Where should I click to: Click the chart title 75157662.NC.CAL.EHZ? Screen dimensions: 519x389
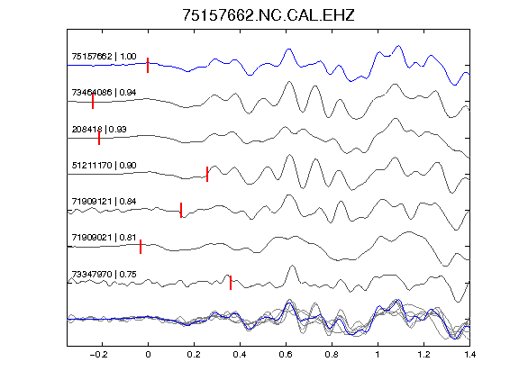[269, 15]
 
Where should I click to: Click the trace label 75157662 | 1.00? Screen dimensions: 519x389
[104, 57]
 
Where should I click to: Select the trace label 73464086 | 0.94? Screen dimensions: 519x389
[104, 92]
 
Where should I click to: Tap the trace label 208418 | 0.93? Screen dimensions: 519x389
[99, 129]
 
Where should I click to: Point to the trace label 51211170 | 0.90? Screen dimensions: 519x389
[104, 165]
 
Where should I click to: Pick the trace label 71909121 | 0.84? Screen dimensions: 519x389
[104, 201]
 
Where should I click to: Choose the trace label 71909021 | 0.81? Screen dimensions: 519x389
[104, 238]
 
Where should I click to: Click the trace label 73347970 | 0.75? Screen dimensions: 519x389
[104, 275]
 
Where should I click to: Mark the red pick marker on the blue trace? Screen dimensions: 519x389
[148, 65]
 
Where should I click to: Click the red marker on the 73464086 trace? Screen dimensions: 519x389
[93, 101]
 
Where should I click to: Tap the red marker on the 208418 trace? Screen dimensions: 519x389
[99, 138]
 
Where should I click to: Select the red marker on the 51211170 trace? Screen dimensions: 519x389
[207, 174]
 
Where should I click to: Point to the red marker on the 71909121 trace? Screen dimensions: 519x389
[181, 210]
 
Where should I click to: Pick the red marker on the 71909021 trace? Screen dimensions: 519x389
[141, 247]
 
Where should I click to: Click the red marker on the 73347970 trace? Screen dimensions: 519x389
[231, 283]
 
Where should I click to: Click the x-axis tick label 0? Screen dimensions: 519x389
[148, 355]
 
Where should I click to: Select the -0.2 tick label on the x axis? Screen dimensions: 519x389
[99, 355]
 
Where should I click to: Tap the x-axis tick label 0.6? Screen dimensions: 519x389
[286, 355]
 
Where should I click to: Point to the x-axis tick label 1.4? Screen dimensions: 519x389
[469, 355]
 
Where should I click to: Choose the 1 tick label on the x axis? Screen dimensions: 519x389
[378, 355]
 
